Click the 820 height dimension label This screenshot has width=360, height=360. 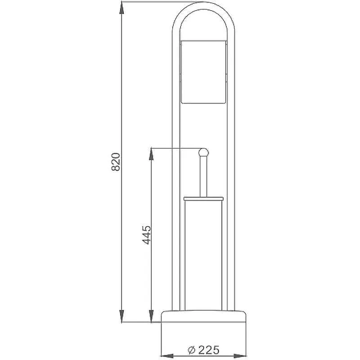coord(116,162)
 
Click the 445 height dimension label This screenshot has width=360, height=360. coord(147,235)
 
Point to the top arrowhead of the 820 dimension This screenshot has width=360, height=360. coord(122,8)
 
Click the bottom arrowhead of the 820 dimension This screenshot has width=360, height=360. coord(122,316)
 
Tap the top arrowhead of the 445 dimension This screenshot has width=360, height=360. coord(151,154)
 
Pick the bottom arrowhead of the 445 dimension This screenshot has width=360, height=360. coord(151,316)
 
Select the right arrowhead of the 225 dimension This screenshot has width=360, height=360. coord(240,355)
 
